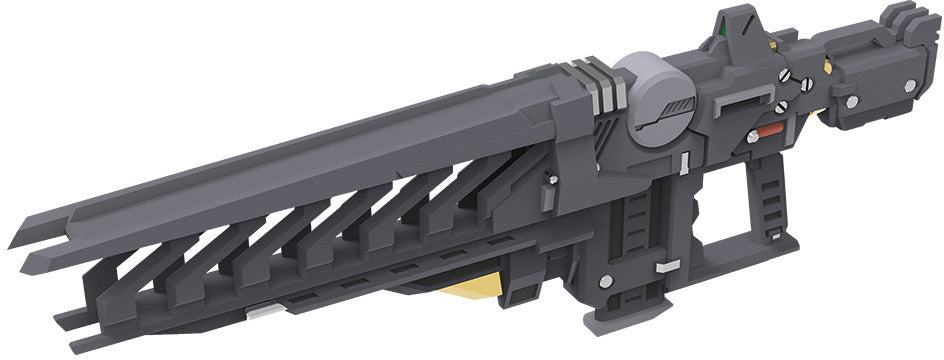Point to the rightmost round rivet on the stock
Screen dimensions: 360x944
click(910, 87)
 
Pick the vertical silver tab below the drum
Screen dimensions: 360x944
click(681, 162)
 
